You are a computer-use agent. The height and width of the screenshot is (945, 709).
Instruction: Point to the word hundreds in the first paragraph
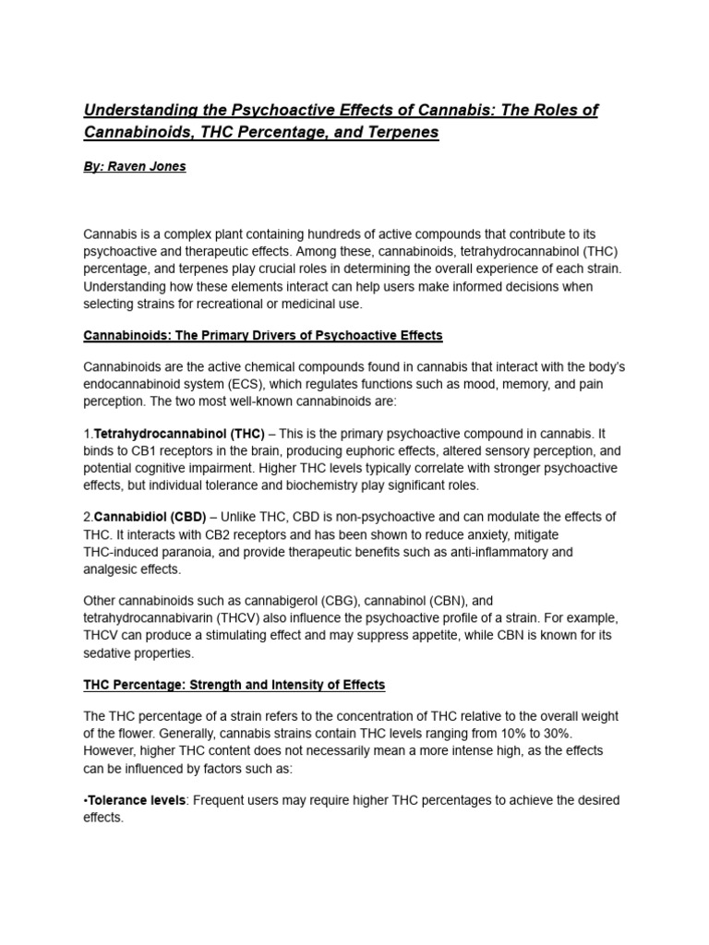click(x=366, y=235)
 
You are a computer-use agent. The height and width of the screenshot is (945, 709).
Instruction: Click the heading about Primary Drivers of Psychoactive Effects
click(x=263, y=335)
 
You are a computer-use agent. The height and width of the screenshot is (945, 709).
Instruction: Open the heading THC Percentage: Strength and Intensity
click(x=234, y=685)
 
